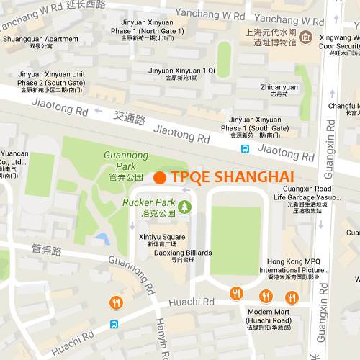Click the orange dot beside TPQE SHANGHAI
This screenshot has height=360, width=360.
pos(160,177)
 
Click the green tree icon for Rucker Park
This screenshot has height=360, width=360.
pos(185,207)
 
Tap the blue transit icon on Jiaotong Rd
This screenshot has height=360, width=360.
pos(246,149)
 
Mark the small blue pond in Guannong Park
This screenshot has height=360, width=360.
pos(101,238)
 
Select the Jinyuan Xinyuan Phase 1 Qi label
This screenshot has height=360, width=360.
pos(181,74)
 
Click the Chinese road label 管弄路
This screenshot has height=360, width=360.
pos(48,250)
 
